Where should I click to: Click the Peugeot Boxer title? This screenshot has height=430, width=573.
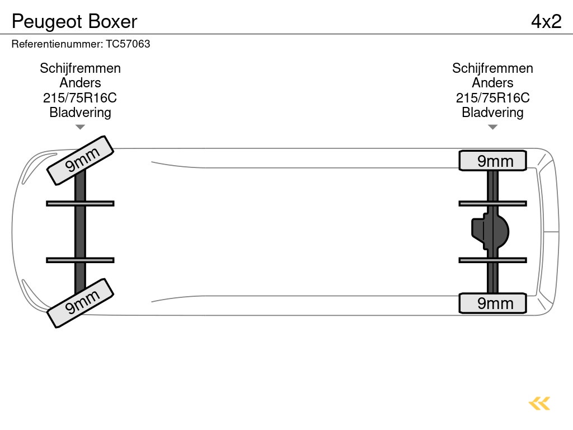[74, 21]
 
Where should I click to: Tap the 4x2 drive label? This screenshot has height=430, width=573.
[546, 21]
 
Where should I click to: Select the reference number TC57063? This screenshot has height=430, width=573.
[81, 44]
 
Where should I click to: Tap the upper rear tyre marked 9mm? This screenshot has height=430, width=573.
[492, 161]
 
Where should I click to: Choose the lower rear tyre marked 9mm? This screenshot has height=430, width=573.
[492, 303]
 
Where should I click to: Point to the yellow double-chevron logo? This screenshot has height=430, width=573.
[539, 403]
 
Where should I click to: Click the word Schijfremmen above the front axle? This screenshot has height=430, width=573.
[80, 68]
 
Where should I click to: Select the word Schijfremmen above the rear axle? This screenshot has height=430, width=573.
[492, 68]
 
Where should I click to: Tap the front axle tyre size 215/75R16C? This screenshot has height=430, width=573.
[80, 98]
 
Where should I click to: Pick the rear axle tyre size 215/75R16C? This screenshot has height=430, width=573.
[492, 98]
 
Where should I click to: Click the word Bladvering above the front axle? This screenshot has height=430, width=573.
[80, 113]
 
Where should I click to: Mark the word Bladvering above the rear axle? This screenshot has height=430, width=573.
[492, 113]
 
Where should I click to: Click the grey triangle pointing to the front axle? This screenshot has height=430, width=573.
[80, 127]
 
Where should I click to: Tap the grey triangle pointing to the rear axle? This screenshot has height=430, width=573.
[492, 127]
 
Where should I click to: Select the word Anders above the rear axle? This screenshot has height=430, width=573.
[492, 83]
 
